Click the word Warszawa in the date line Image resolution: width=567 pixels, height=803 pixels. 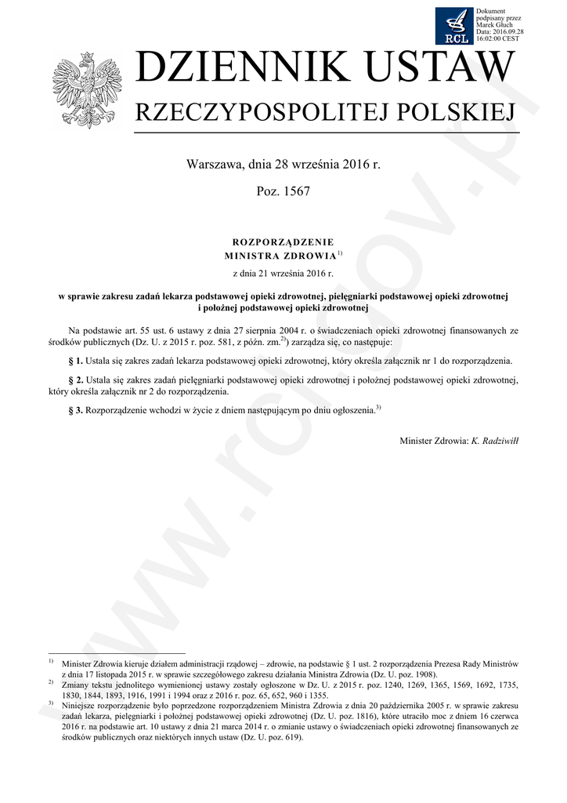214,165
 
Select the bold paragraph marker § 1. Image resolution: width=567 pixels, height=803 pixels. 77,362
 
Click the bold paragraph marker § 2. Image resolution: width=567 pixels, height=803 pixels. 77,380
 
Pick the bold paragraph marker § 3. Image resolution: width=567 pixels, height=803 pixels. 77,411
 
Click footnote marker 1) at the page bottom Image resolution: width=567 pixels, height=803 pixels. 50,663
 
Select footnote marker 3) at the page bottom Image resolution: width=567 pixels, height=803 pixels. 50,703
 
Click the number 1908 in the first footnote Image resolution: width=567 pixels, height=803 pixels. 423,674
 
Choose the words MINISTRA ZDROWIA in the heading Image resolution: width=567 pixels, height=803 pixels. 280,256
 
